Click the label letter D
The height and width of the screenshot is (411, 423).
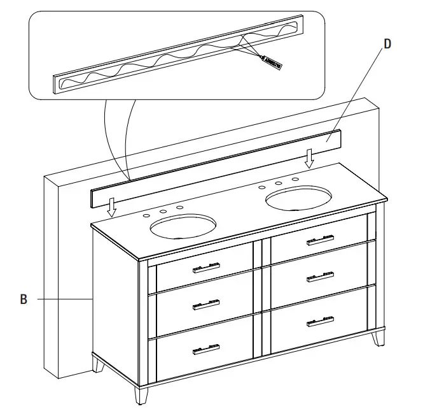point(387,45)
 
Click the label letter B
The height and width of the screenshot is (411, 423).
point(24,298)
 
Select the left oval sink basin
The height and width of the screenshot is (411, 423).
point(183,226)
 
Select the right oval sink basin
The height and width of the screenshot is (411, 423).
point(298,198)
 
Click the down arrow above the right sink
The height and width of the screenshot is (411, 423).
point(309,159)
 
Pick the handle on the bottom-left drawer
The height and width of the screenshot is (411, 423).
point(206,349)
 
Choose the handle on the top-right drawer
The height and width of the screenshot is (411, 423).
point(320,240)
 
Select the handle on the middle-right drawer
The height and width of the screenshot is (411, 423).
point(320,277)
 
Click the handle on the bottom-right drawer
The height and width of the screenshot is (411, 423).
point(320,321)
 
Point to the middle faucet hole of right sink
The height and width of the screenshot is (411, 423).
point(278,184)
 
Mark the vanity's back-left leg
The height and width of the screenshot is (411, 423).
point(99,364)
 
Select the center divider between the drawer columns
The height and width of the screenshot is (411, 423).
point(258,299)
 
